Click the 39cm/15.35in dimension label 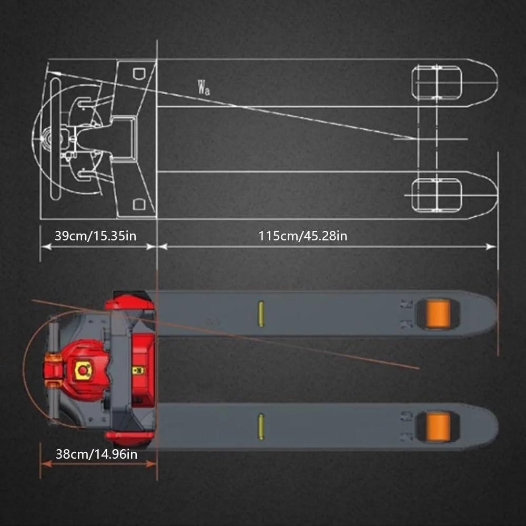click(96, 236)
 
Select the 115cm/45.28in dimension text click(302, 236)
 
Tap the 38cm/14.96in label click(97, 454)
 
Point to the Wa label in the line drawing click(204, 87)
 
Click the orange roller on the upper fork click(438, 313)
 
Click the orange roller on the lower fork click(438, 427)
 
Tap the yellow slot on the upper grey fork click(261, 313)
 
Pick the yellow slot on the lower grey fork click(261, 427)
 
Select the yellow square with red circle click(83, 370)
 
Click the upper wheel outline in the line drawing click(437, 83)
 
